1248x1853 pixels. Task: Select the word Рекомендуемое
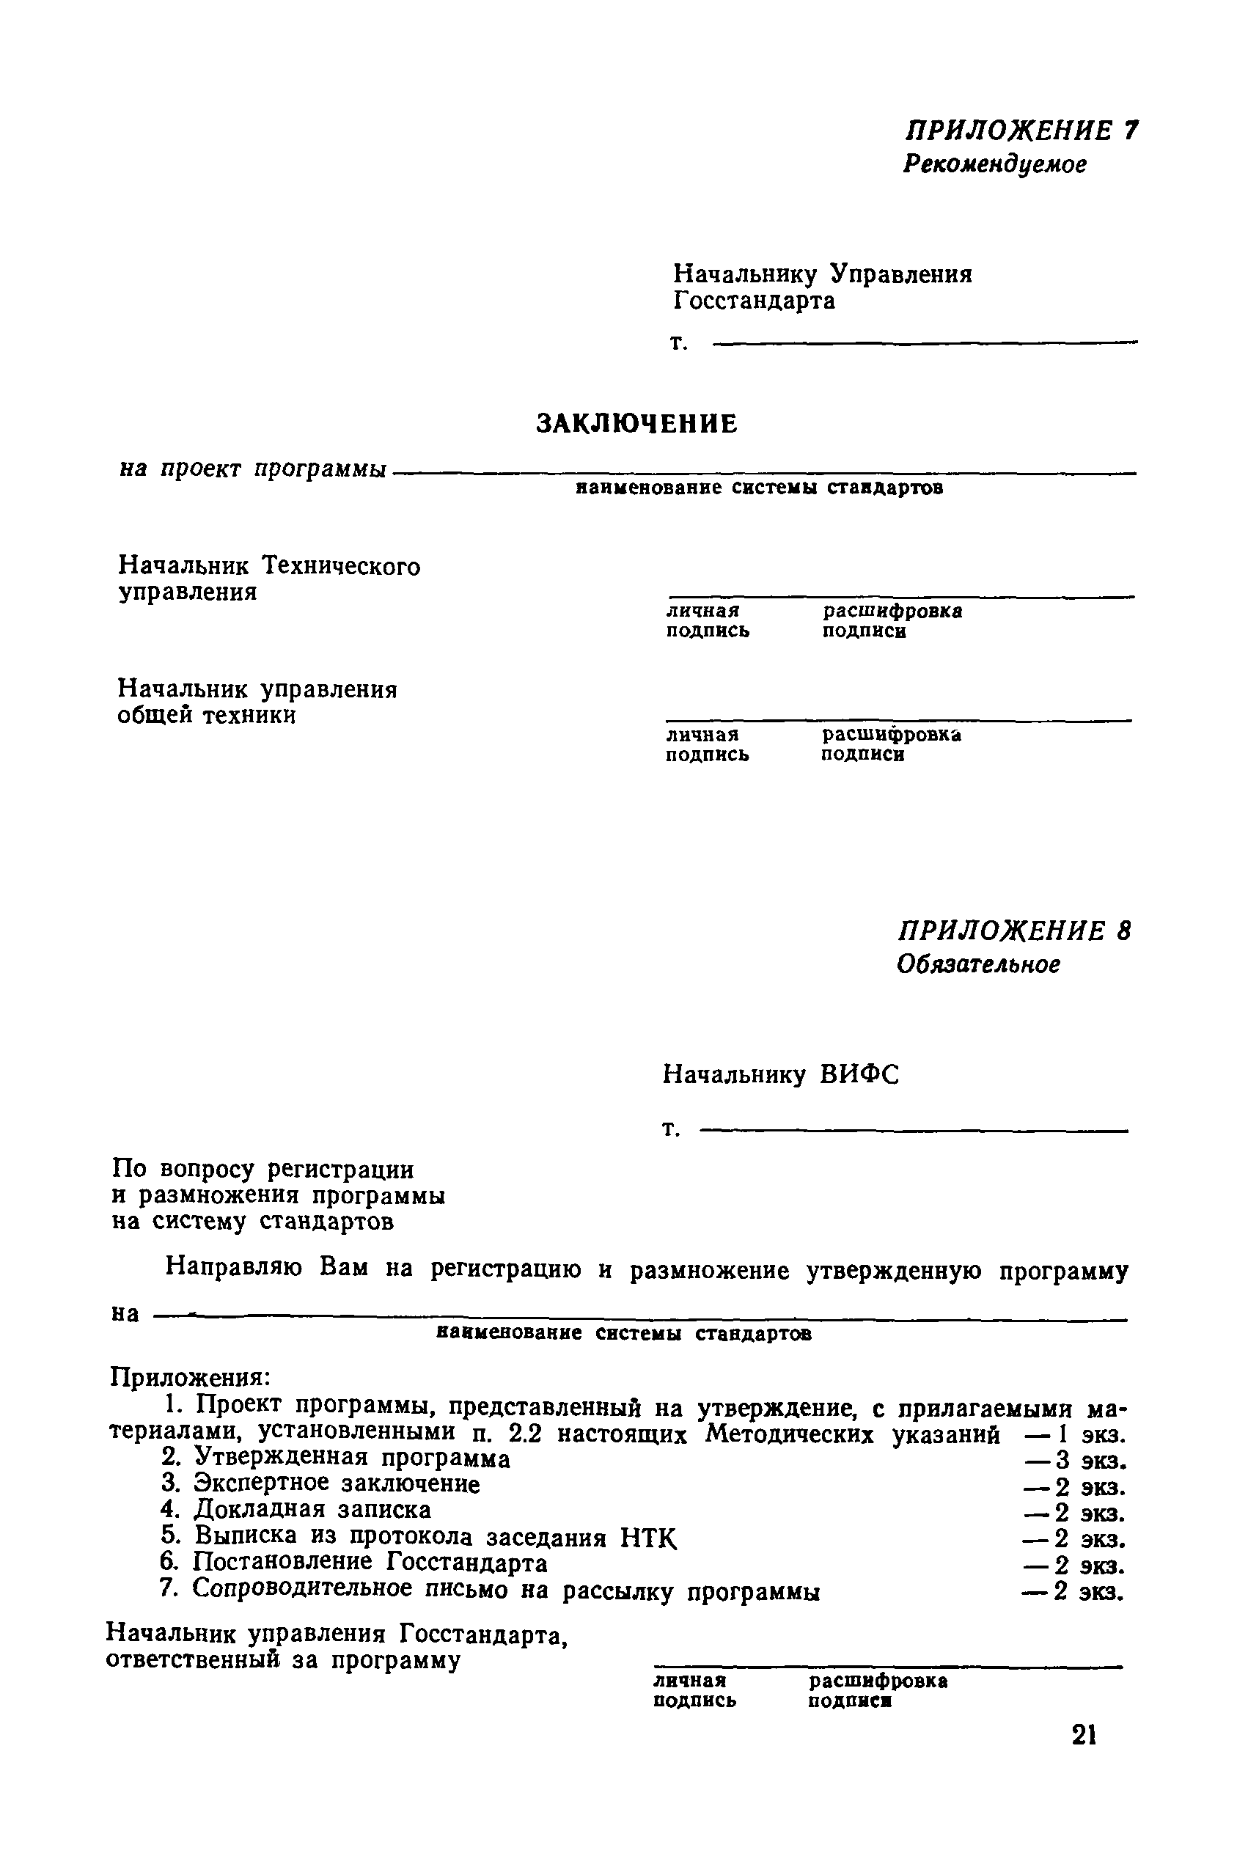click(x=994, y=165)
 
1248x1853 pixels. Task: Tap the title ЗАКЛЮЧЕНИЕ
click(x=636, y=423)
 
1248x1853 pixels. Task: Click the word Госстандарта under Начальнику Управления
click(x=754, y=301)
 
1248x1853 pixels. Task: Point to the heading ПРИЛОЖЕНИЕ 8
click(x=1014, y=931)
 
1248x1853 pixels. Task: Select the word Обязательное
click(x=978, y=965)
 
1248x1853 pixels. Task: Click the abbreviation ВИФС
click(x=859, y=1075)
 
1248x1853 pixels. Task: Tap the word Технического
click(x=342, y=566)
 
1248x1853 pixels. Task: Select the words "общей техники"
click(x=206, y=716)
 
